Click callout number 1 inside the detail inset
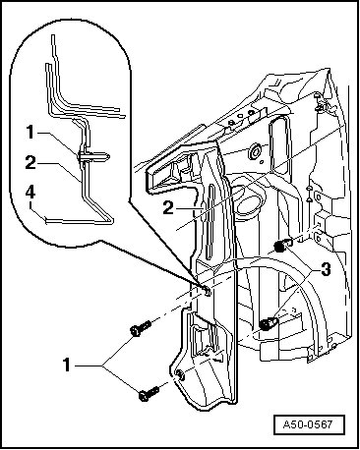[x=30, y=133]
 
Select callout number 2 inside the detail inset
[x=30, y=163]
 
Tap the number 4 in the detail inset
[x=30, y=193]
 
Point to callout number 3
[x=326, y=270]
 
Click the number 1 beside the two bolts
[x=67, y=365]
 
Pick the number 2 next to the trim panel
[x=168, y=207]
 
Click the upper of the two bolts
[x=141, y=328]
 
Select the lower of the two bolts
[x=149, y=393]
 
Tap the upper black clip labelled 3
[x=281, y=246]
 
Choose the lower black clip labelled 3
[x=268, y=324]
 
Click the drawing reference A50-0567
[x=308, y=425]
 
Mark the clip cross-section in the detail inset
[x=92, y=156]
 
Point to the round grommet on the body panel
[x=255, y=152]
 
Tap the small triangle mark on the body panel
[x=309, y=198]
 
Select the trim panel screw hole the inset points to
[x=207, y=290]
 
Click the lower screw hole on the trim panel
[x=180, y=374]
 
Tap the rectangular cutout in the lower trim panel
[x=205, y=340]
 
